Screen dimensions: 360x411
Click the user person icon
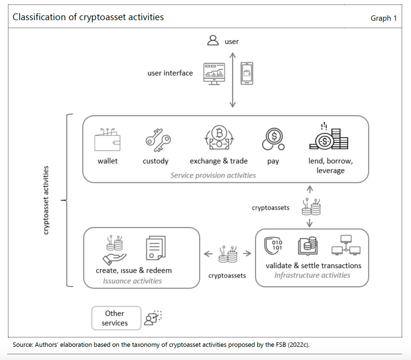[213, 40]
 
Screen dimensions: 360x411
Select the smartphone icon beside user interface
[247, 73]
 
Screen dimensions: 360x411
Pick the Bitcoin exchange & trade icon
[219, 138]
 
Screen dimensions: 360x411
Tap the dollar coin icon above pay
[273, 139]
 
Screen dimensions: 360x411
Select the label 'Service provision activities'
[213, 175]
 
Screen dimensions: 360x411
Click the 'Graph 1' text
[384, 18]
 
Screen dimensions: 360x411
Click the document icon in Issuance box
[155, 248]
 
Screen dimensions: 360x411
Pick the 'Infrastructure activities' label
[312, 275]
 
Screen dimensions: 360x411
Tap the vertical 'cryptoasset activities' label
[46, 200]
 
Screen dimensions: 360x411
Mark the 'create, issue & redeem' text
[134, 270]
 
